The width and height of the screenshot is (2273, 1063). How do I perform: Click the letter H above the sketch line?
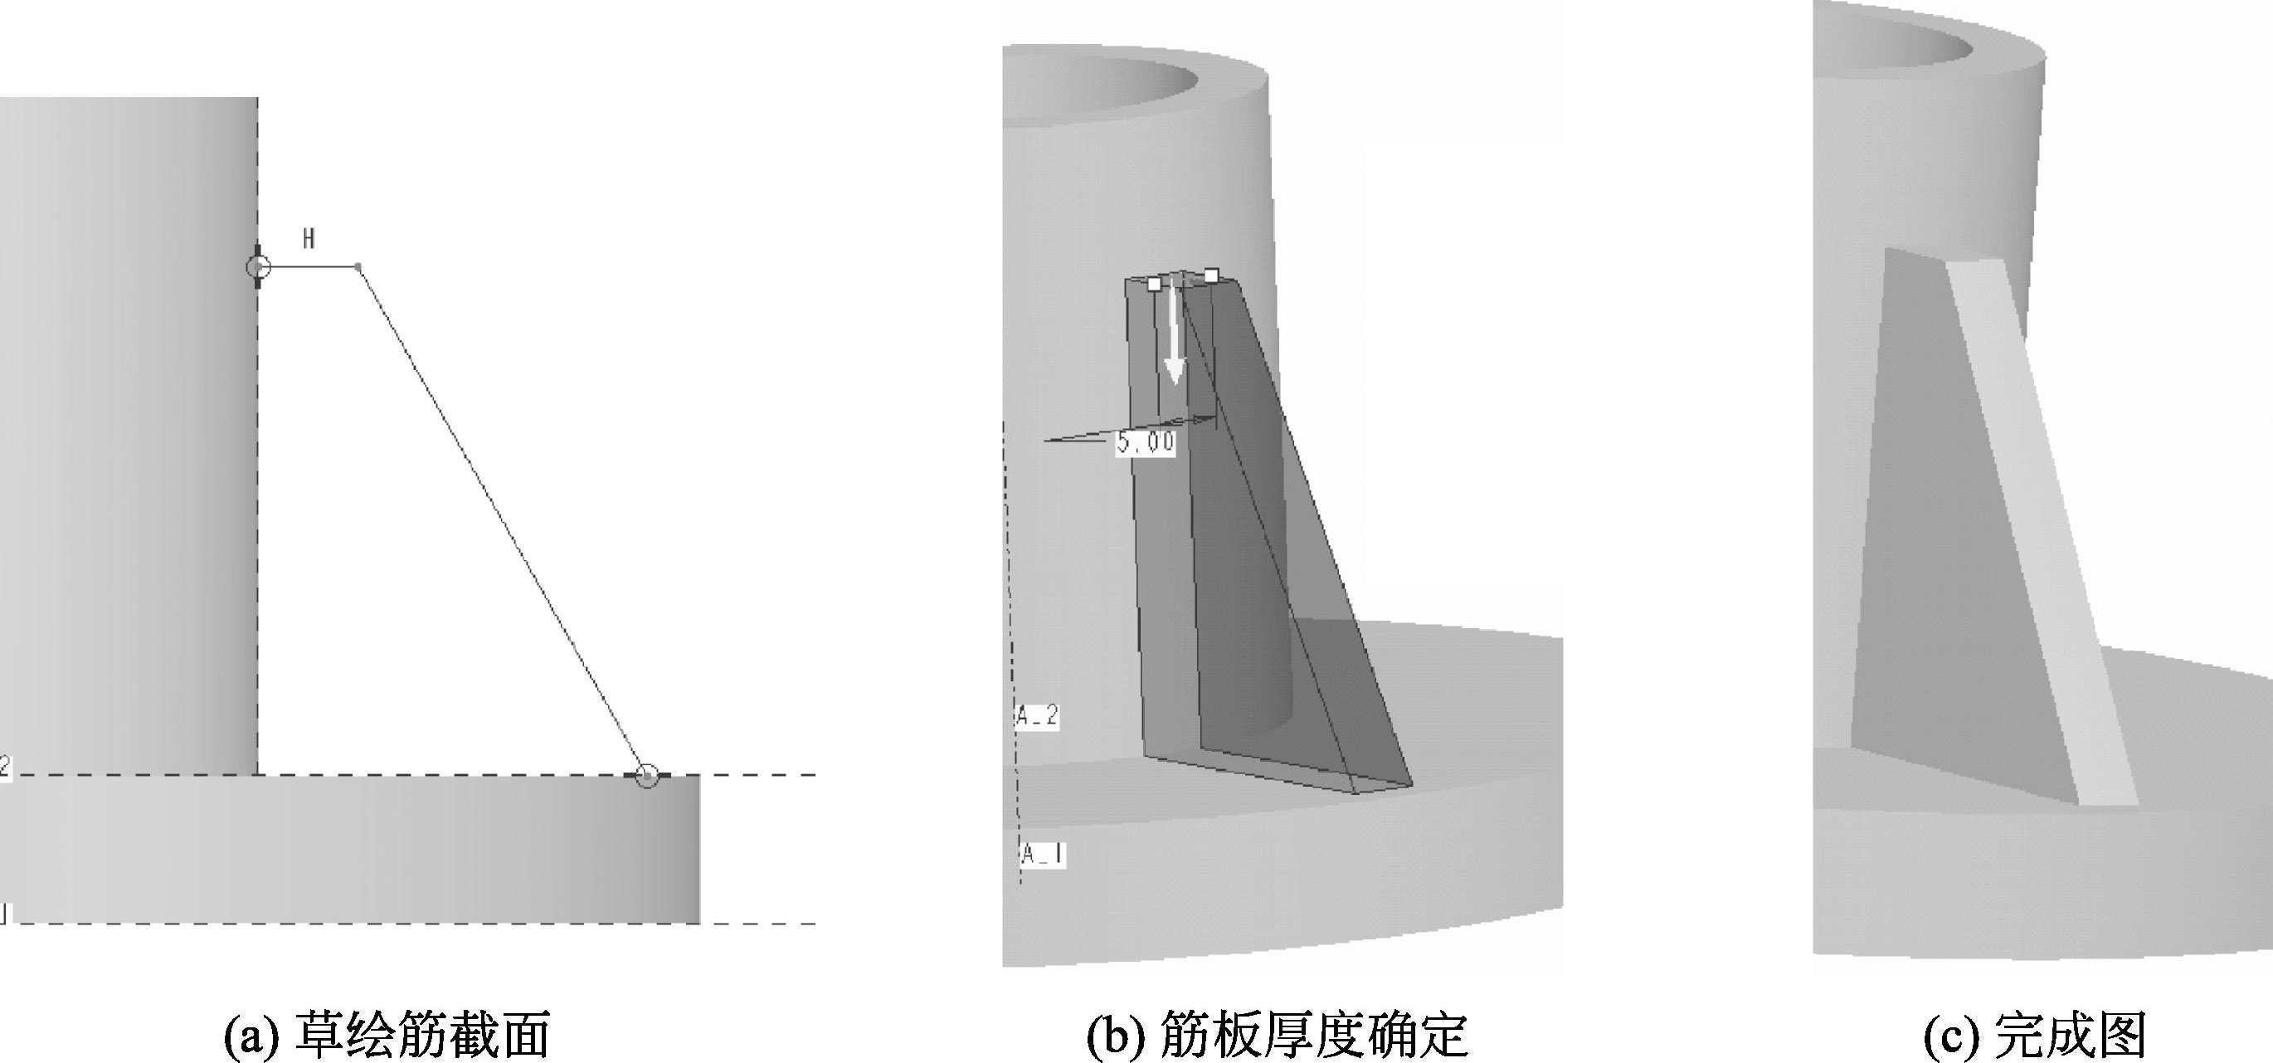click(308, 238)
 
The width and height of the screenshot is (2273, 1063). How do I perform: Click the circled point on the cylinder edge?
click(258, 266)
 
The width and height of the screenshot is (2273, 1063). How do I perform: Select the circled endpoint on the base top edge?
click(647, 776)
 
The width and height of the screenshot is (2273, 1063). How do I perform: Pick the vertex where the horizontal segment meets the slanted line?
click(358, 266)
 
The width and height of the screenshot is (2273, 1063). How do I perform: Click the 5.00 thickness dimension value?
click(1146, 441)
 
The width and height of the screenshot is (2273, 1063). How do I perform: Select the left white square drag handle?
click(1153, 284)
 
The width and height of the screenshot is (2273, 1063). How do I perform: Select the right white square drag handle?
click(1211, 276)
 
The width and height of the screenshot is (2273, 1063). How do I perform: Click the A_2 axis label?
click(1037, 715)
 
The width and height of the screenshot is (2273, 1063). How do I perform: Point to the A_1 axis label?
click(1042, 854)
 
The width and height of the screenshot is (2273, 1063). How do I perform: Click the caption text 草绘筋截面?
click(421, 1034)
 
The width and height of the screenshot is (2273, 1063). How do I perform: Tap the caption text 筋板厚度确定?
click(1313, 1034)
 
